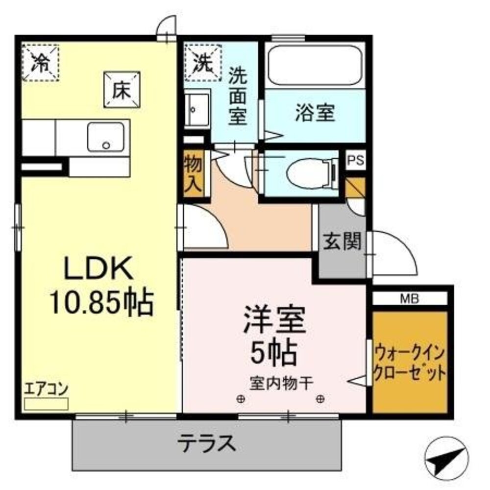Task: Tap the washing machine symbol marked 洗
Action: click(x=203, y=62)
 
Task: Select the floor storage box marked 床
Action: click(x=122, y=90)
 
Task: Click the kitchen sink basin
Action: click(x=105, y=137)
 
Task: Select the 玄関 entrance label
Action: click(x=342, y=241)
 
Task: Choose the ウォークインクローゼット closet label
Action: click(x=410, y=363)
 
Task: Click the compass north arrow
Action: click(x=444, y=457)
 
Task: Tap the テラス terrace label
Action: click(x=206, y=444)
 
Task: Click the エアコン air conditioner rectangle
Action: click(x=47, y=404)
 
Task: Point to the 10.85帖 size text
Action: click(x=100, y=302)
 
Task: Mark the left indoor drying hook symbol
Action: click(x=240, y=399)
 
